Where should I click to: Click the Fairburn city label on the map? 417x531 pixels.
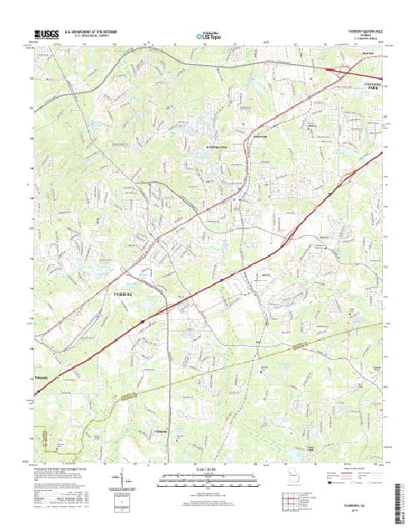(x=122, y=293)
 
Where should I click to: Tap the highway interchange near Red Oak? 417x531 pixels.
(x=343, y=71)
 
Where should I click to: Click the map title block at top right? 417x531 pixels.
(x=359, y=33)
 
